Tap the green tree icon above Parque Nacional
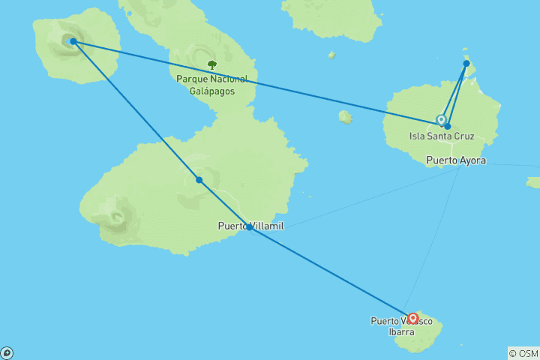(x=212, y=66)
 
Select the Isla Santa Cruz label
(x=442, y=136)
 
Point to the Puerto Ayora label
(x=456, y=160)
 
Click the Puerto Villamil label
(x=250, y=226)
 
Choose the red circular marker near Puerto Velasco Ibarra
(x=412, y=318)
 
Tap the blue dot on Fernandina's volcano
(x=73, y=41)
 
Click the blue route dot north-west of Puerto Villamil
(x=199, y=180)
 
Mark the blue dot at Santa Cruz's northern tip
(x=466, y=64)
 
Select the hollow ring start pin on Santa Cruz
(x=441, y=119)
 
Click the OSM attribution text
(x=523, y=353)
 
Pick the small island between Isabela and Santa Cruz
(x=345, y=116)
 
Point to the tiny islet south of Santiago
(x=331, y=55)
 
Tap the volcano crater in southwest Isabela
(x=116, y=218)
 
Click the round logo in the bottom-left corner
(x=7, y=353)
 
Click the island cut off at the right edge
(x=533, y=182)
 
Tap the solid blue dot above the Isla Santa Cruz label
(x=448, y=126)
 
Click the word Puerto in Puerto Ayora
(x=441, y=160)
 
